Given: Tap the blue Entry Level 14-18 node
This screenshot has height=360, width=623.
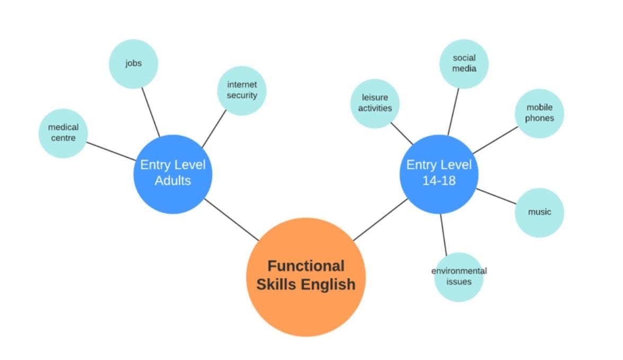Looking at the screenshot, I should pos(438,174).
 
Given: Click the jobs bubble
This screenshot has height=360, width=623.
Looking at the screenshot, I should pos(134,64).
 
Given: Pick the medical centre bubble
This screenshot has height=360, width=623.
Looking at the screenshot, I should pos(63,133).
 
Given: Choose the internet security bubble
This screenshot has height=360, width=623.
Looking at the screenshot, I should pos(242,90).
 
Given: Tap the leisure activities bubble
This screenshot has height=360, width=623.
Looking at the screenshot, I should pos(375,103).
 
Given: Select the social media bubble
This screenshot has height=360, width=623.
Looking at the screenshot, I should pos(464,64).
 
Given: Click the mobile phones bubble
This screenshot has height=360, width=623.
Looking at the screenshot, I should pos(539,113).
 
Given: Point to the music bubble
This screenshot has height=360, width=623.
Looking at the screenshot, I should pos(539,212).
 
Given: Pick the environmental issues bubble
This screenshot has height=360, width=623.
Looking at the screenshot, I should pos(459,276).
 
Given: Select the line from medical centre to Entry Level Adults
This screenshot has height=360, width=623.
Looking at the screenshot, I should pos(110,151).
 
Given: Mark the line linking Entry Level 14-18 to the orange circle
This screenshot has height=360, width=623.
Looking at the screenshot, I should pos(380,219).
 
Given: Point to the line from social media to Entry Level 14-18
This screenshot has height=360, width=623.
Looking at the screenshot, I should pos(453,111).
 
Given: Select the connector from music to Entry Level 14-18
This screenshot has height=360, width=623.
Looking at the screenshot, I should pos(496,196).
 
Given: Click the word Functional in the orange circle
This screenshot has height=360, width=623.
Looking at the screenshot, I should pos(306,266).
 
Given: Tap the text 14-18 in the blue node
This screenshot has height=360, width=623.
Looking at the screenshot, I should pos(438,180).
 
